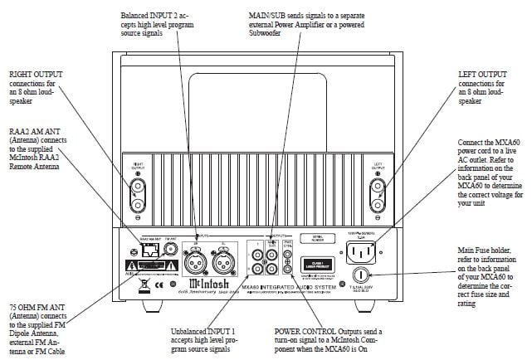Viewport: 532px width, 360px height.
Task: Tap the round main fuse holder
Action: tap(362, 274)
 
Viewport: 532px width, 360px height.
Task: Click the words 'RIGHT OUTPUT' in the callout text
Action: tap(30, 74)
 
